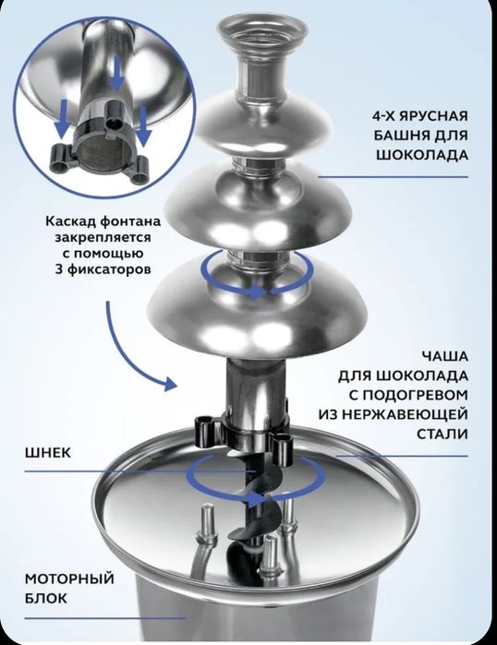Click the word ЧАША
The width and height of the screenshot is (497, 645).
tap(444, 355)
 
